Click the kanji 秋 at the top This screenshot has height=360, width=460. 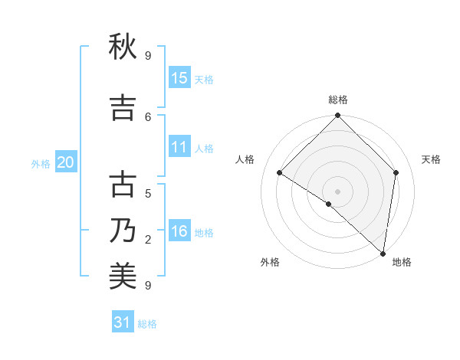(x=123, y=48)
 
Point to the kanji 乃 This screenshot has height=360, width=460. (x=123, y=231)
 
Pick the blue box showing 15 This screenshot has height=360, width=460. (x=179, y=78)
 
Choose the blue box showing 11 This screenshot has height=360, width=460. (x=179, y=148)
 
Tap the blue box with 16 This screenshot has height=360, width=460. (x=179, y=232)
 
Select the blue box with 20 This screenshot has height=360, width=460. (x=66, y=162)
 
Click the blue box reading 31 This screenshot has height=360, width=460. (x=123, y=322)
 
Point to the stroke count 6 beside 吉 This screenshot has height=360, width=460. (x=149, y=116)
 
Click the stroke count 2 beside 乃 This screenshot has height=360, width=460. (x=148, y=240)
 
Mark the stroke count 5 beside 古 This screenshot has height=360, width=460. (x=148, y=193)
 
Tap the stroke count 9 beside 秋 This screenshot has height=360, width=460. (x=148, y=56)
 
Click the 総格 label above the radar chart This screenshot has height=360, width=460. (x=337, y=100)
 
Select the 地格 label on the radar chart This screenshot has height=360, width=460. (x=402, y=262)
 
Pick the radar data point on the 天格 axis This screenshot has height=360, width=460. (x=396, y=172)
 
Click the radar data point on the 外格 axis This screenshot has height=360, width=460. (x=329, y=204)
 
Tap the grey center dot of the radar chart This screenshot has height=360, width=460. (x=337, y=191)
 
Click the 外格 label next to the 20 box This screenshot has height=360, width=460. (x=41, y=163)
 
